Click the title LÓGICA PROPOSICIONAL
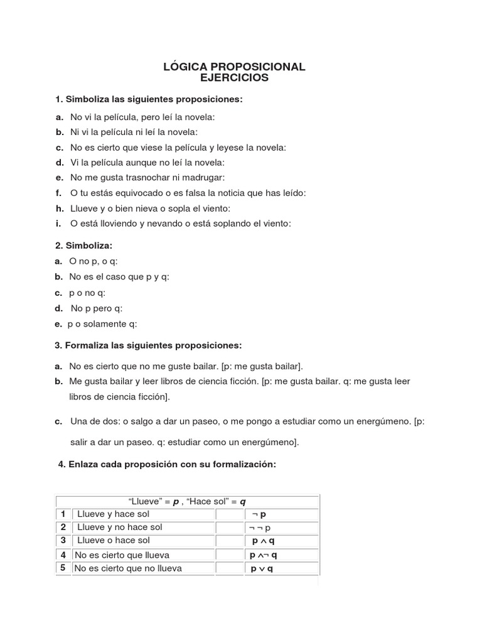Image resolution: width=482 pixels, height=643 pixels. coord(234,67)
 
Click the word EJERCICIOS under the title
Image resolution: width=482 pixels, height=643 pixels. coord(234,78)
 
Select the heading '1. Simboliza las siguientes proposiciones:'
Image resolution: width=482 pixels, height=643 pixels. coord(149,100)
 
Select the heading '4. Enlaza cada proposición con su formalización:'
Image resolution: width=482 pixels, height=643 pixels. coord(166,465)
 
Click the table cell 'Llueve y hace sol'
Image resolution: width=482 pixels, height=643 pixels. coord(114,514)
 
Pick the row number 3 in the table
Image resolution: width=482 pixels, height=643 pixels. coord(63,540)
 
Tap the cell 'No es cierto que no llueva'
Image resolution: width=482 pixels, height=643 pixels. coord(128,568)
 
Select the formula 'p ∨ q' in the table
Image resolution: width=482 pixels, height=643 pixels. coord(262,569)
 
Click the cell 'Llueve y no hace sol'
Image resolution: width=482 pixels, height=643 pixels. coord(120,527)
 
